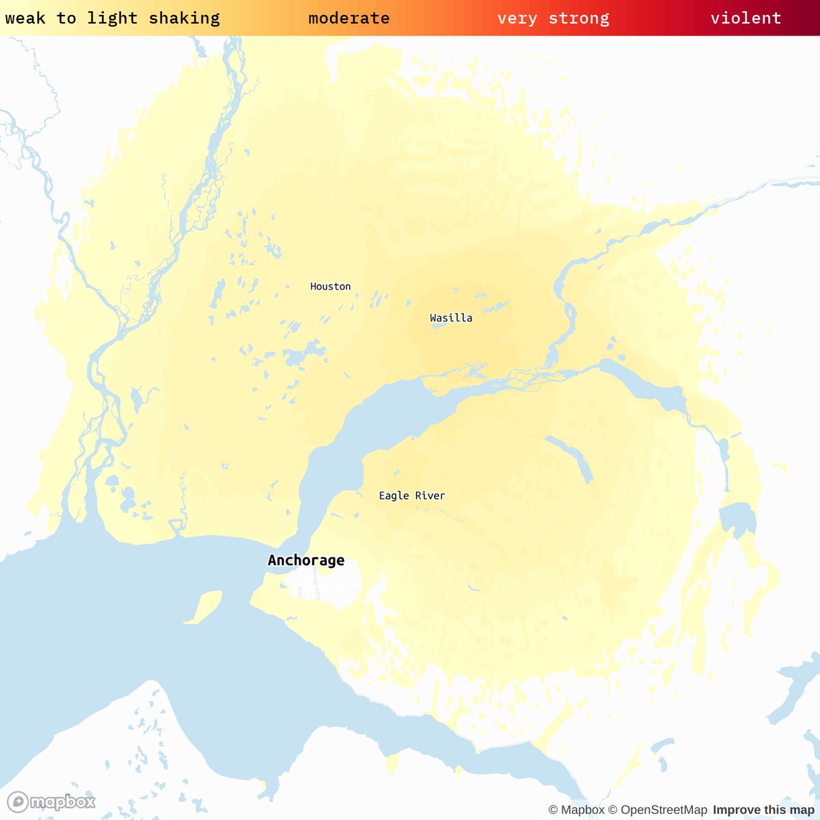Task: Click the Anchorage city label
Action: pos(306,560)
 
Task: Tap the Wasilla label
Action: pos(451,318)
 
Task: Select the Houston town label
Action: pos(330,286)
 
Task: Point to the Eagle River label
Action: pos(412,495)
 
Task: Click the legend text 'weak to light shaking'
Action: pos(112,18)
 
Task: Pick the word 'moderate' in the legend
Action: pos(349,18)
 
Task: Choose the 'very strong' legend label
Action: pos(553,18)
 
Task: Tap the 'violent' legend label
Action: pos(746,18)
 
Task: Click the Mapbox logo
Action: pos(51,801)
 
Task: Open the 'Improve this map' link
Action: pos(763,810)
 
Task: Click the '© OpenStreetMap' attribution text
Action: pos(657,810)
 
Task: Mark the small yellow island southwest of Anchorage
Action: pos(204,607)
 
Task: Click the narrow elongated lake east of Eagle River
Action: pos(571,457)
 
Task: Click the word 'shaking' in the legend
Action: pos(184,18)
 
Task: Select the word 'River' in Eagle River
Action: pos(430,495)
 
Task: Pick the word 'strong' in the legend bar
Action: pos(579,18)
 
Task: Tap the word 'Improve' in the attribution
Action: pos(735,810)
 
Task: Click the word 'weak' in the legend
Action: pos(25,18)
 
